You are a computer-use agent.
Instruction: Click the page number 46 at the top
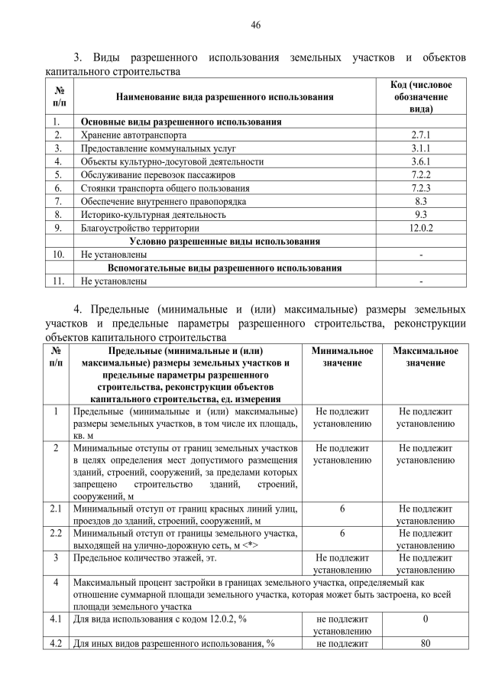point(256,25)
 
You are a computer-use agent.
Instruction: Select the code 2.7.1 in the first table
point(421,135)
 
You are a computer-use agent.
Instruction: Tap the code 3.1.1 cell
point(421,148)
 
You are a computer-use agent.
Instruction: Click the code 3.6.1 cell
point(421,161)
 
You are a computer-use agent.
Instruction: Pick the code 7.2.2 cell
point(421,175)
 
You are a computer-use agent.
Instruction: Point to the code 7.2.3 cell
point(421,188)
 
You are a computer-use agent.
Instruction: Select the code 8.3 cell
point(421,201)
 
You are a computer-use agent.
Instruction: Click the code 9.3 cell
point(421,215)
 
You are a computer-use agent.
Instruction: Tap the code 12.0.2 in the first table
point(421,228)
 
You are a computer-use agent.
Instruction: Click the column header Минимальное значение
point(342,356)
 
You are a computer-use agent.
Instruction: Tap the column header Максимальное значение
point(426,356)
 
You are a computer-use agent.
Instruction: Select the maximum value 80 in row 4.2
point(426,643)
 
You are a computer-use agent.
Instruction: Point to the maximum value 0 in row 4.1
point(426,619)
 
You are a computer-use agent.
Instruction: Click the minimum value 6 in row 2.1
point(342,508)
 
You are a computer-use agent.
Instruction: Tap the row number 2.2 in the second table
point(56,533)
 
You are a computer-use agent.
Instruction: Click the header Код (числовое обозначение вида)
point(421,97)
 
